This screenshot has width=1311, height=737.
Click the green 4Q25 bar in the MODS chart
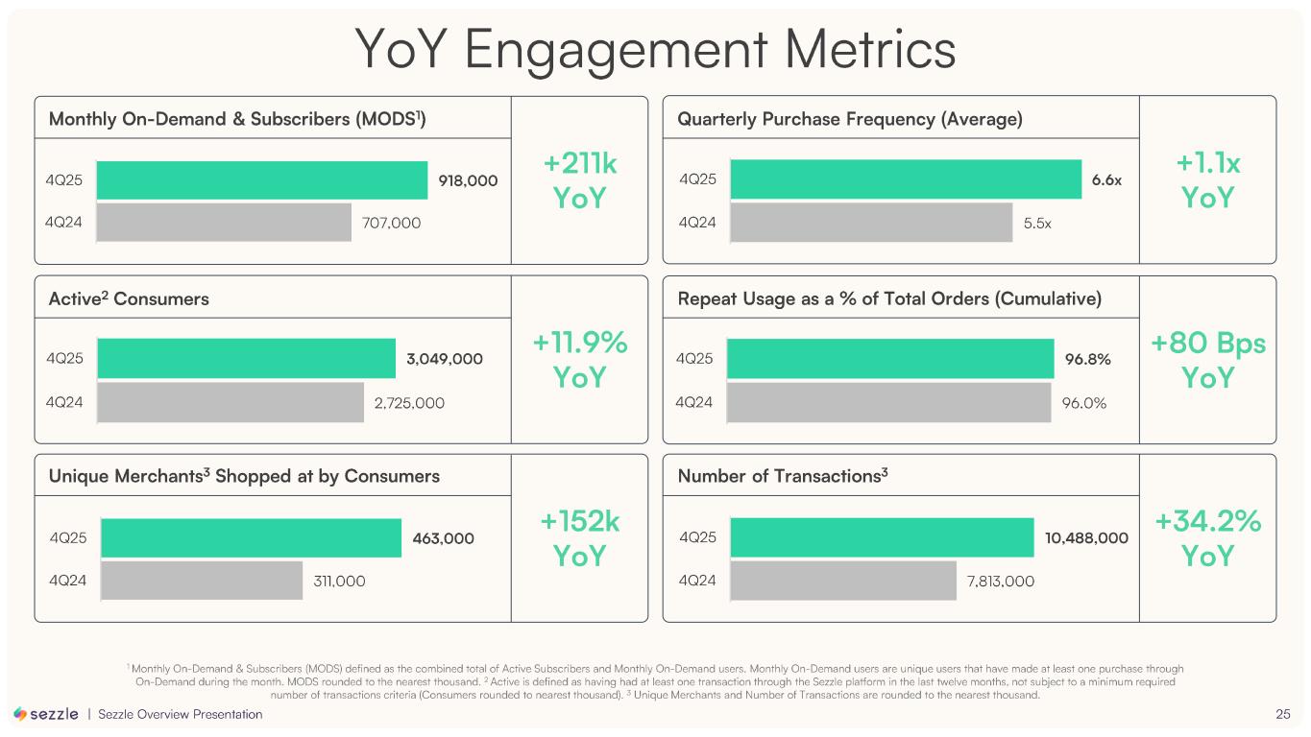tap(262, 180)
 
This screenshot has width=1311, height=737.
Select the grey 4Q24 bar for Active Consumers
tap(231, 403)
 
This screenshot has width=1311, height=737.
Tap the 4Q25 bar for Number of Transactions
tap(881, 537)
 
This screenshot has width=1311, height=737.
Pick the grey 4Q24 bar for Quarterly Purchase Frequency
tap(871, 223)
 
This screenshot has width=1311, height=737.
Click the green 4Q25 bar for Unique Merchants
tap(251, 538)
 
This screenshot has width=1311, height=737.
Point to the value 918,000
tap(468, 180)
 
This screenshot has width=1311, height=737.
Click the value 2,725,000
tap(409, 403)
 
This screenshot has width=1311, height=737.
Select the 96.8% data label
tap(1088, 359)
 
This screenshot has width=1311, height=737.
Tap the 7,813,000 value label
tap(1001, 581)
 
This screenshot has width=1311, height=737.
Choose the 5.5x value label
tap(1037, 224)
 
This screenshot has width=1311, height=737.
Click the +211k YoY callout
tap(580, 181)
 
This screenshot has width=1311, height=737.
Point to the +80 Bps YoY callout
tap(1207, 361)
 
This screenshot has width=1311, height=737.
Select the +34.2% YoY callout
tap(1207, 538)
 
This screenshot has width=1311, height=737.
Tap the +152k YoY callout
tap(580, 538)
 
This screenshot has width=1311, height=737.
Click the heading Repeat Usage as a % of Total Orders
tap(889, 298)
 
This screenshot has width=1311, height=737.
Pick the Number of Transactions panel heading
tap(782, 476)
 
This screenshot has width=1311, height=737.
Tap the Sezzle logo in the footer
tap(46, 714)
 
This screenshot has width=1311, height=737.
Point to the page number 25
tap(1282, 714)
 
